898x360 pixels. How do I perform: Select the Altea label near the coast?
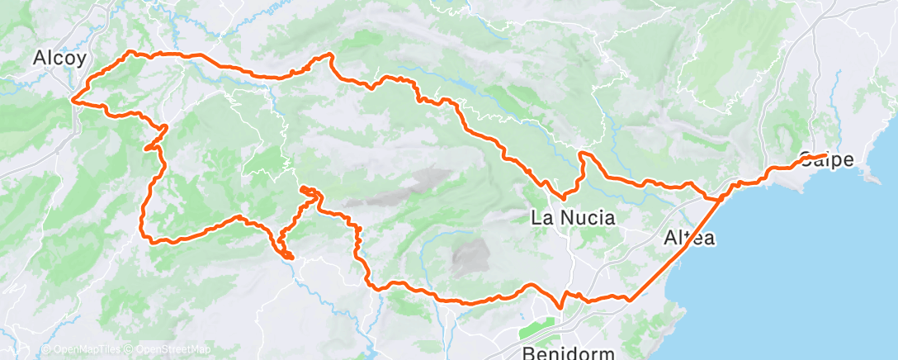[689, 238]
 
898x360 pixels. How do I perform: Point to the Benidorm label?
[570, 353]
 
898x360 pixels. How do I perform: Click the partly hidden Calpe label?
[826, 160]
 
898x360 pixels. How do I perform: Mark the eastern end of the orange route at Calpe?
[825, 155]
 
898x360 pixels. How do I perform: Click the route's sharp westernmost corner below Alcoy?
[73, 101]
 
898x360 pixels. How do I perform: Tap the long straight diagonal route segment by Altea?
[673, 248]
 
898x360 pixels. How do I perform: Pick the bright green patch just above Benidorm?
[540, 329]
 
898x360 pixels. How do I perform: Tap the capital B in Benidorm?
[529, 353]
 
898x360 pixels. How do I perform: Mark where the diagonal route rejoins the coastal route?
[720, 198]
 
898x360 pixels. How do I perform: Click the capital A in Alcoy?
[39, 59]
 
